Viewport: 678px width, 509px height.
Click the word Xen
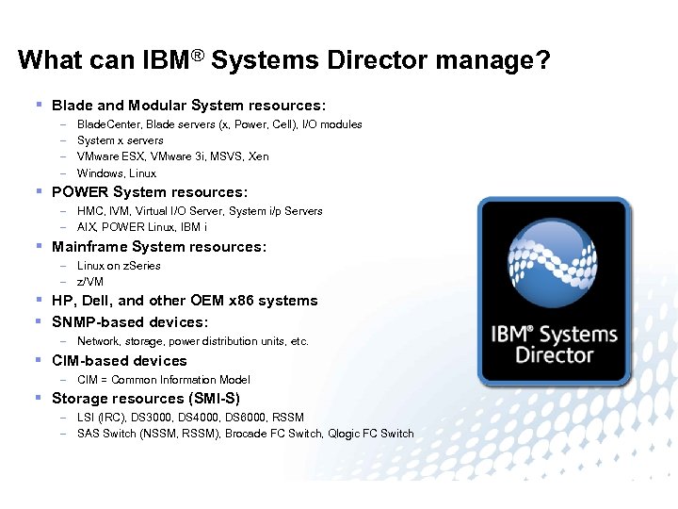[x=258, y=156]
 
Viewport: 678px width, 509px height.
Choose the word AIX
[x=87, y=227]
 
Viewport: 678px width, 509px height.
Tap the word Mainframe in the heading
[x=89, y=247]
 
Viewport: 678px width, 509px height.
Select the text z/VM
[x=90, y=282]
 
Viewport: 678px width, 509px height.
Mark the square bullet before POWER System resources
[x=39, y=191]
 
